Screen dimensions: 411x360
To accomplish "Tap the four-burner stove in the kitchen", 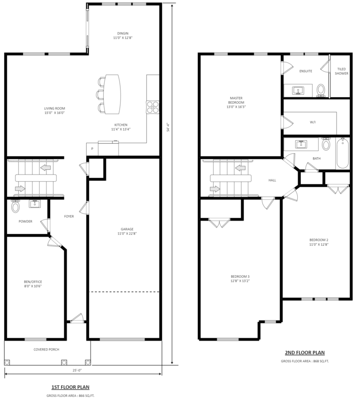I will click(x=153, y=107).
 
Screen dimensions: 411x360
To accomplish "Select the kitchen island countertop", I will click(x=112, y=94).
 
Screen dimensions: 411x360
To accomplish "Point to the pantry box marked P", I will click(x=92, y=149).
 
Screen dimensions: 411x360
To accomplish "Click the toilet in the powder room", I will click(x=15, y=206).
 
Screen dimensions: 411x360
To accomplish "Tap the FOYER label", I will click(x=69, y=216).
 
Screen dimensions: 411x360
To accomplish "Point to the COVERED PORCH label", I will click(x=46, y=350).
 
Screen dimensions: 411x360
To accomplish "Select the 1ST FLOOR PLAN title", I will click(x=70, y=387).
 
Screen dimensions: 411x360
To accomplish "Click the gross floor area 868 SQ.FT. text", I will click(x=305, y=361).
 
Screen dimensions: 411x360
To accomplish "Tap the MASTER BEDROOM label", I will click(x=236, y=102).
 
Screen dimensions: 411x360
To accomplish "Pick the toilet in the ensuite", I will click(x=322, y=89).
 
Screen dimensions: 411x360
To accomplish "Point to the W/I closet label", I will click(x=313, y=122).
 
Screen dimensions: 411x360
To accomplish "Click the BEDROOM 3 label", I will click(x=240, y=278).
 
